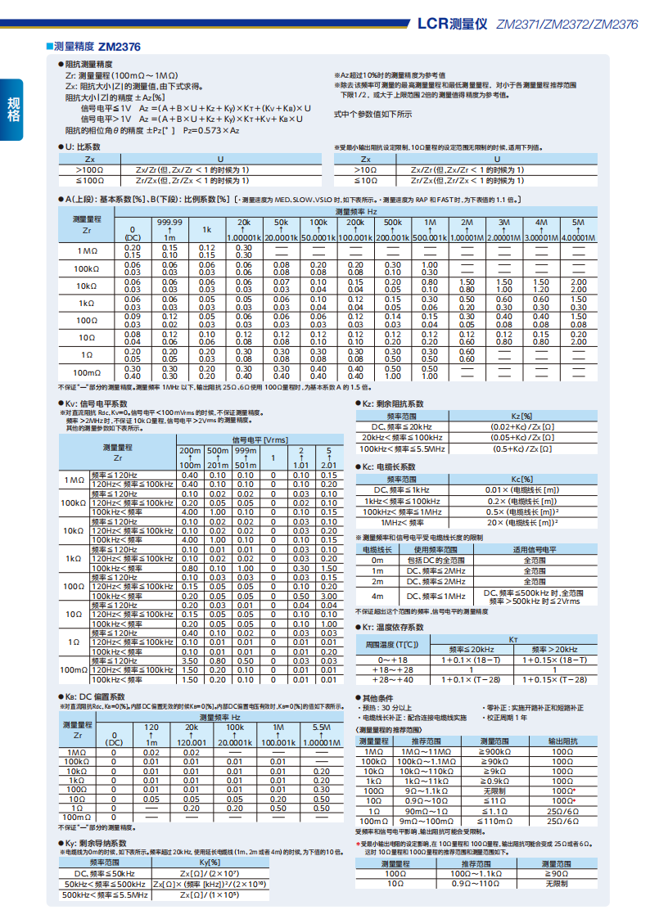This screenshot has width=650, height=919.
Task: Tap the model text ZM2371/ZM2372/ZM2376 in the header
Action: tap(567, 25)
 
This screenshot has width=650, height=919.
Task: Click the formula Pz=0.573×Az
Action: tap(211, 130)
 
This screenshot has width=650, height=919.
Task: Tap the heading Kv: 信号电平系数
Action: tap(96, 404)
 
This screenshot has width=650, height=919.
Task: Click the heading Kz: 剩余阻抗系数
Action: tap(392, 404)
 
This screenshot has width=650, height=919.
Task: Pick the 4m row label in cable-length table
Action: tap(377, 597)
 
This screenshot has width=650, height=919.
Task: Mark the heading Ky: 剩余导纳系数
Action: tap(96, 843)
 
